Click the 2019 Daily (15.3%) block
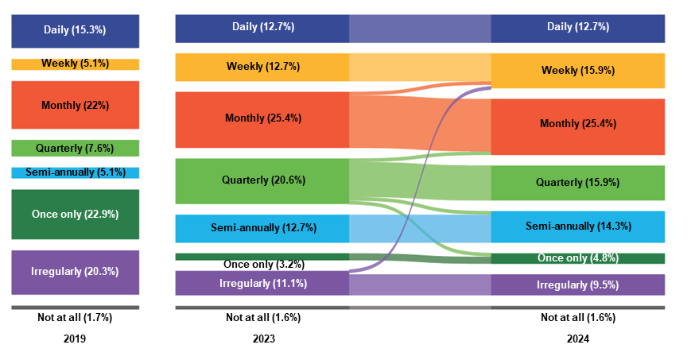tap(75, 30)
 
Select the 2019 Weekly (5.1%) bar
tap(75, 64)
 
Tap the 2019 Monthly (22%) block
tap(75, 105)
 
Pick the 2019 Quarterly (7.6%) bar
tap(75, 148)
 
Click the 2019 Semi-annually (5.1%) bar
tap(75, 172)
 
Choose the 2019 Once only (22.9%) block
tap(75, 214)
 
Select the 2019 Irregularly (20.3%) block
tap(75, 272)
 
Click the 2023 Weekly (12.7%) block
tap(262, 67)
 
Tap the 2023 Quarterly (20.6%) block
tap(262, 180)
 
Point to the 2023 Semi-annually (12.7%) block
tap(262, 228)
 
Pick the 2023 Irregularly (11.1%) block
tap(262, 283)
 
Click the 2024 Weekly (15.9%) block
tap(577, 71)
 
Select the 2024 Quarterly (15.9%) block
tap(577, 183)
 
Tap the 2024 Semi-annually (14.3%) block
tap(577, 226)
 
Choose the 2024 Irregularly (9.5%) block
tap(577, 285)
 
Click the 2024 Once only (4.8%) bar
tap(577, 258)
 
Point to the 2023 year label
tap(263, 339)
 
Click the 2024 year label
tap(578, 339)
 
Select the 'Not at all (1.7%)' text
tap(75, 318)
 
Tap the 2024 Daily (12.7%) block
tap(577, 28)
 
